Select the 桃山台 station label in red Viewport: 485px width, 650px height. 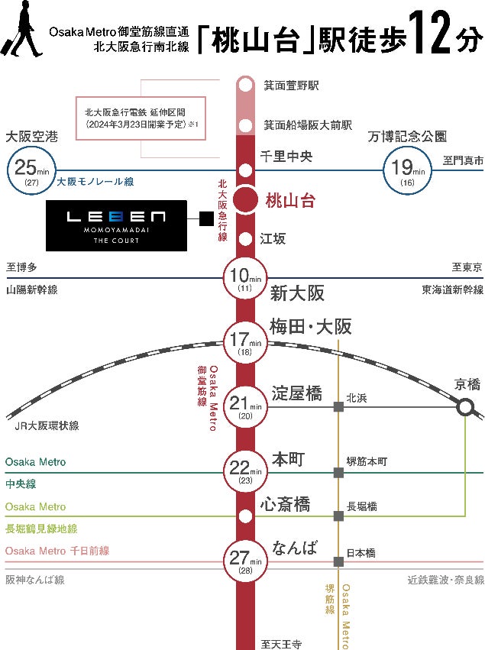tap(289, 202)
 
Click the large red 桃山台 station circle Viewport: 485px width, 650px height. tap(245, 201)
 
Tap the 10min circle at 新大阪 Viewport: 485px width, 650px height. tap(245, 277)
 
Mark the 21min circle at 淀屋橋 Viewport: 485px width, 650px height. tap(245, 406)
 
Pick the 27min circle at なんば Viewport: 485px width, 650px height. tap(245, 560)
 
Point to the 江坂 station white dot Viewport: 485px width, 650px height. tap(245, 239)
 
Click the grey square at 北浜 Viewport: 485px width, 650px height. tap(338, 407)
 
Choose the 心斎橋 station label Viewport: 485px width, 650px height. tap(285, 504)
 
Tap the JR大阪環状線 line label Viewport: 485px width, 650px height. tap(47, 425)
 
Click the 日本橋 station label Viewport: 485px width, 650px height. tap(361, 552)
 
